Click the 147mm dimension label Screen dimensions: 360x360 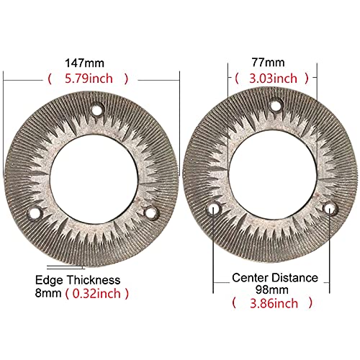85,63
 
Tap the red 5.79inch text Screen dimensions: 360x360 89,78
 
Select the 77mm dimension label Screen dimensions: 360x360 268,63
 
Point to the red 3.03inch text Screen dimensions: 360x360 273,78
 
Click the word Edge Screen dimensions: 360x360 49,281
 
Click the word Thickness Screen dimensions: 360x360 94,280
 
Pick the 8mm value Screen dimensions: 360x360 48,293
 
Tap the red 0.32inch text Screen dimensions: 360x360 96,294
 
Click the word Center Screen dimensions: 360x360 250,278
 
